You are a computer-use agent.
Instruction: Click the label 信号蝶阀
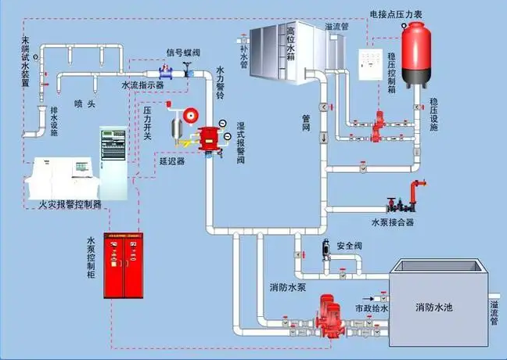(183, 52)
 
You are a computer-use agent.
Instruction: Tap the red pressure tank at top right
(414, 50)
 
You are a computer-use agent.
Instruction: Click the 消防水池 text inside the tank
(433, 306)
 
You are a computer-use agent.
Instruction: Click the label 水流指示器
(142, 85)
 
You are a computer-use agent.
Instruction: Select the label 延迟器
(171, 160)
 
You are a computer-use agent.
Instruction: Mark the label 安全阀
(348, 246)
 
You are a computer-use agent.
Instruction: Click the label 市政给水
(365, 308)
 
